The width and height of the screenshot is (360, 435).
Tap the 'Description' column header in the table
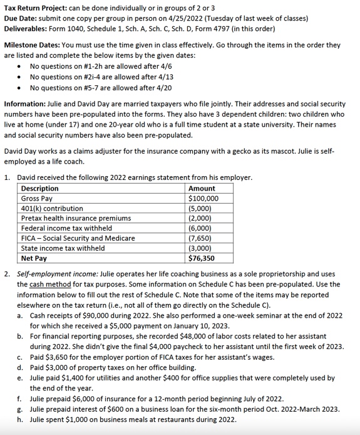pyautogui.click(x=40, y=189)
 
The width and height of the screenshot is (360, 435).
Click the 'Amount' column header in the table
pyautogui.click(x=201, y=189)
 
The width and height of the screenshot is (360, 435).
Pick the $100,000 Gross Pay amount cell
pyautogui.click(x=203, y=199)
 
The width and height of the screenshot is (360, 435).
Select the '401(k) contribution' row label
pyautogui.click(x=52, y=209)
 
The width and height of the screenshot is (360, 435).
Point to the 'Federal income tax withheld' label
pyautogui.click(x=65, y=228)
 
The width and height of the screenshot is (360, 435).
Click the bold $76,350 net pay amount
pyautogui.click(x=202, y=258)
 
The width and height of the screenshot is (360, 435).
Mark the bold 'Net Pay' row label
pyautogui.click(x=34, y=258)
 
